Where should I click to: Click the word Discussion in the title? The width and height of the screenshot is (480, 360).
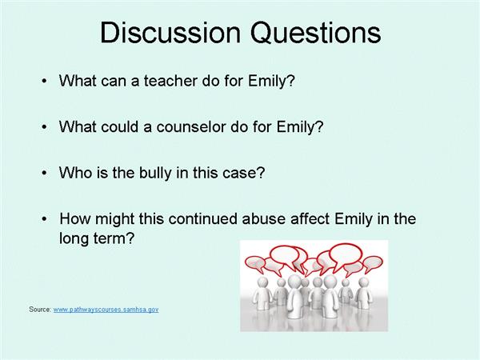tap(170, 33)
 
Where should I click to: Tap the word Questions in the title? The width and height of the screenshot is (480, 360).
tap(316, 33)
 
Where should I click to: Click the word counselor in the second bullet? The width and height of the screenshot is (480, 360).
tap(191, 126)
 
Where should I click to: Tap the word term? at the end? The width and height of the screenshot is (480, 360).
tap(114, 238)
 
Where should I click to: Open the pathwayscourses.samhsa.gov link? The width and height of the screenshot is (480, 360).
tap(106, 310)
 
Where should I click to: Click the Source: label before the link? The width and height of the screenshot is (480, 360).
tap(40, 309)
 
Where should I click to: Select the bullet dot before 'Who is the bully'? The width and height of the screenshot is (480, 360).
tap(44, 174)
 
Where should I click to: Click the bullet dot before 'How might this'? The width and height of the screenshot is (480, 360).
tap(44, 219)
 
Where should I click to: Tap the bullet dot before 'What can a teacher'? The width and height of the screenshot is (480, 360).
tap(44, 82)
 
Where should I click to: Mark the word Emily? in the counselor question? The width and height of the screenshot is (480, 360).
tap(300, 127)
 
